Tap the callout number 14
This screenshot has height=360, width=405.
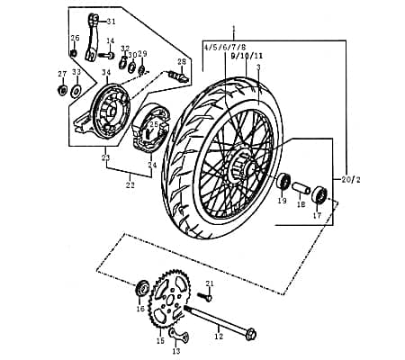point(110,41)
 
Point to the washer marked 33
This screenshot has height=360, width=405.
point(76,91)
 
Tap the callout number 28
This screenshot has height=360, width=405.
point(182,61)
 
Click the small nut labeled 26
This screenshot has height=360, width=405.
point(74,51)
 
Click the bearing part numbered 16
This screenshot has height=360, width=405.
point(141,289)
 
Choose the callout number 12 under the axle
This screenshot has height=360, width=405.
point(218,337)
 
